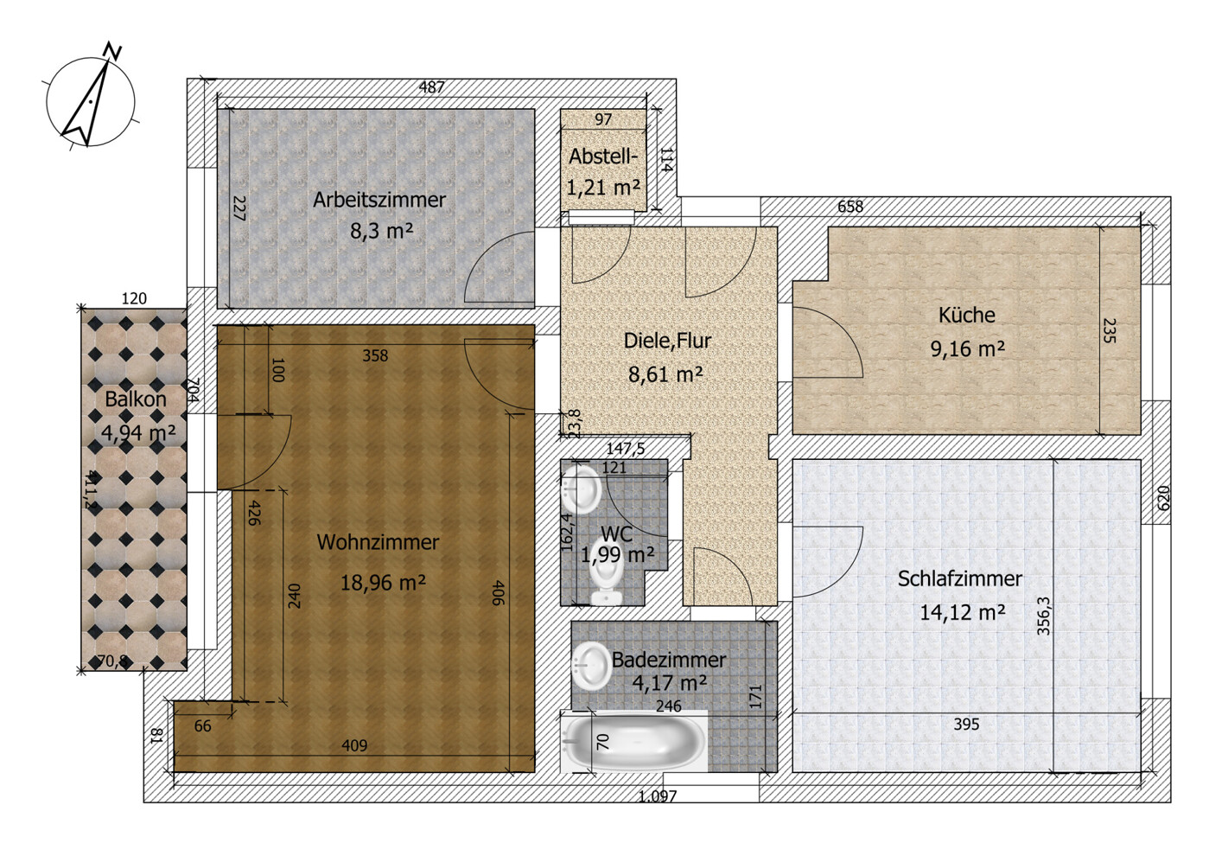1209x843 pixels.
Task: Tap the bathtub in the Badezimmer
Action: click(634, 741)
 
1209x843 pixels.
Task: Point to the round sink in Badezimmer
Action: click(592, 665)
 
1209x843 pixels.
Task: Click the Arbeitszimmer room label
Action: click(379, 200)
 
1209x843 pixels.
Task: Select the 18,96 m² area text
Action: click(382, 582)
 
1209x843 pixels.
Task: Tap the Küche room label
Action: click(966, 316)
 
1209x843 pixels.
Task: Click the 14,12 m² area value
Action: click(961, 612)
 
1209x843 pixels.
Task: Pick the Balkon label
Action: click(135, 399)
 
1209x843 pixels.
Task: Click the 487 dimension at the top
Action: click(431, 87)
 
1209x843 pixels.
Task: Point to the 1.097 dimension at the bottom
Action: click(657, 796)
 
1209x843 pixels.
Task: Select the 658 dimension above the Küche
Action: click(849, 207)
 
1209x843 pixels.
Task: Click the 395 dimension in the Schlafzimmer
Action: click(965, 724)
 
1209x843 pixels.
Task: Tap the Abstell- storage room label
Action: click(603, 157)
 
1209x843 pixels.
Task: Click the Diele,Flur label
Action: click(666, 341)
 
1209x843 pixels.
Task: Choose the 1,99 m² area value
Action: click(617, 554)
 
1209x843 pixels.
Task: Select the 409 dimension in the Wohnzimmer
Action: click(354, 745)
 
